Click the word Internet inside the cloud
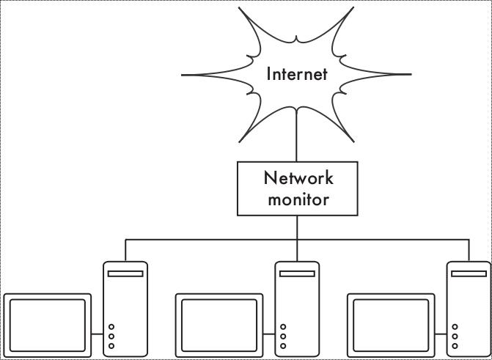[x=296, y=74]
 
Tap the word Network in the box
[x=298, y=178]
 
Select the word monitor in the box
[x=298, y=199]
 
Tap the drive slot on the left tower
[x=125, y=273]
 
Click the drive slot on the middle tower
[x=297, y=273]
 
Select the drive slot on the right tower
[x=469, y=273]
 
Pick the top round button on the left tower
[x=111, y=327]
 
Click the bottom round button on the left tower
[x=111, y=345]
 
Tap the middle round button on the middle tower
[x=283, y=337]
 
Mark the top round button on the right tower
[x=455, y=327]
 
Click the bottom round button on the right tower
[x=455, y=345]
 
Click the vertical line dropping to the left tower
[x=125, y=250]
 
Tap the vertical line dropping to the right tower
[x=469, y=250]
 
